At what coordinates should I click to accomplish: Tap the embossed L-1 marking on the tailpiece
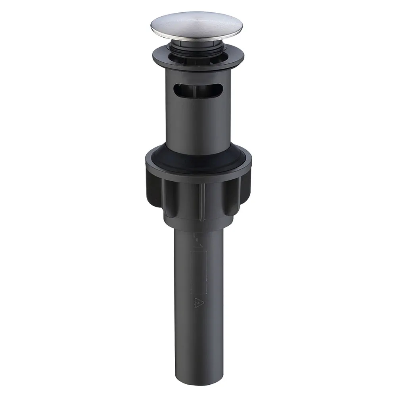pyautogui.click(x=195, y=240)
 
